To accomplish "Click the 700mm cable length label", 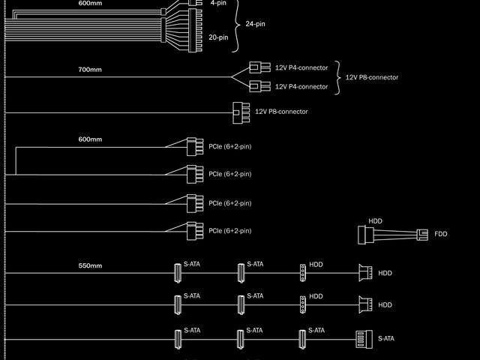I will click(x=89, y=70).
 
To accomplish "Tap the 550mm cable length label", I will click(x=90, y=265).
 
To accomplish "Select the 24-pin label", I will click(x=255, y=24).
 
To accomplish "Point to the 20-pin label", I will click(x=218, y=37).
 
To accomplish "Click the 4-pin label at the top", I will click(x=218, y=3).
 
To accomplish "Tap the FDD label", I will click(x=440, y=235).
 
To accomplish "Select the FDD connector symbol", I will click(x=423, y=235).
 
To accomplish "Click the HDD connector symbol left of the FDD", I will click(x=365, y=235).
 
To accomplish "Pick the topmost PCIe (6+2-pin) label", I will click(x=230, y=146).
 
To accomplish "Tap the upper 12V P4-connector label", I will click(x=301, y=68).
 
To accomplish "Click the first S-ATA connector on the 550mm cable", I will click(x=178, y=273).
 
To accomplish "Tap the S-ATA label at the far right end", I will click(x=386, y=338).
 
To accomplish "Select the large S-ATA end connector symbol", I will click(x=363, y=339).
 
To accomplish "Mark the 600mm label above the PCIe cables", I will click(x=90, y=139).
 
